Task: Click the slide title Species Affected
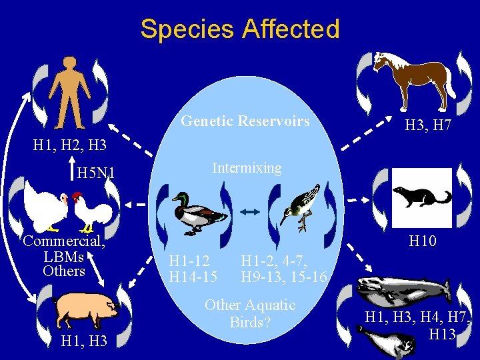240,29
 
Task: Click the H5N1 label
97,174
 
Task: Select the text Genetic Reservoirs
245,121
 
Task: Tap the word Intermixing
247,168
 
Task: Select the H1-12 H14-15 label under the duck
193,268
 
